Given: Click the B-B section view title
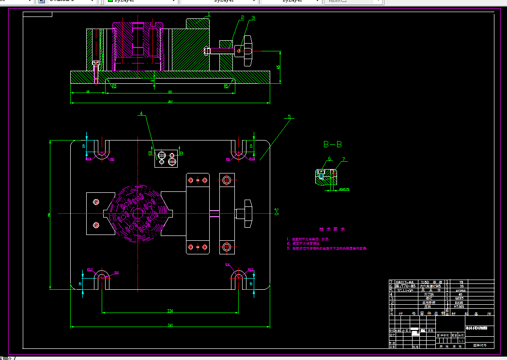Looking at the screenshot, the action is click(x=333, y=144).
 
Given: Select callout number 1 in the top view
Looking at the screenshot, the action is click(x=209, y=15).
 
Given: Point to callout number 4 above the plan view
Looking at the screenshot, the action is click(x=141, y=114).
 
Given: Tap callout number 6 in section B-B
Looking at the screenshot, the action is click(x=329, y=158).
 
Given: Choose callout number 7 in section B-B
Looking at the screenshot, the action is click(x=343, y=159).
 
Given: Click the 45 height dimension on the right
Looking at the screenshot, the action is click(x=278, y=67).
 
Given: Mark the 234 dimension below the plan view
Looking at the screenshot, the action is click(x=170, y=311).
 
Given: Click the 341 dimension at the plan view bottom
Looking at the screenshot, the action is click(x=170, y=325).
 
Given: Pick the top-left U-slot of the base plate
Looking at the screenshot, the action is click(x=101, y=151).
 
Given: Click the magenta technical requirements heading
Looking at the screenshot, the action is click(x=332, y=229).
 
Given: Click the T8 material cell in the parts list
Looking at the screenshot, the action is click(x=461, y=282).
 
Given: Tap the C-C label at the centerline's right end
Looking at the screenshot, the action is click(x=277, y=212).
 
